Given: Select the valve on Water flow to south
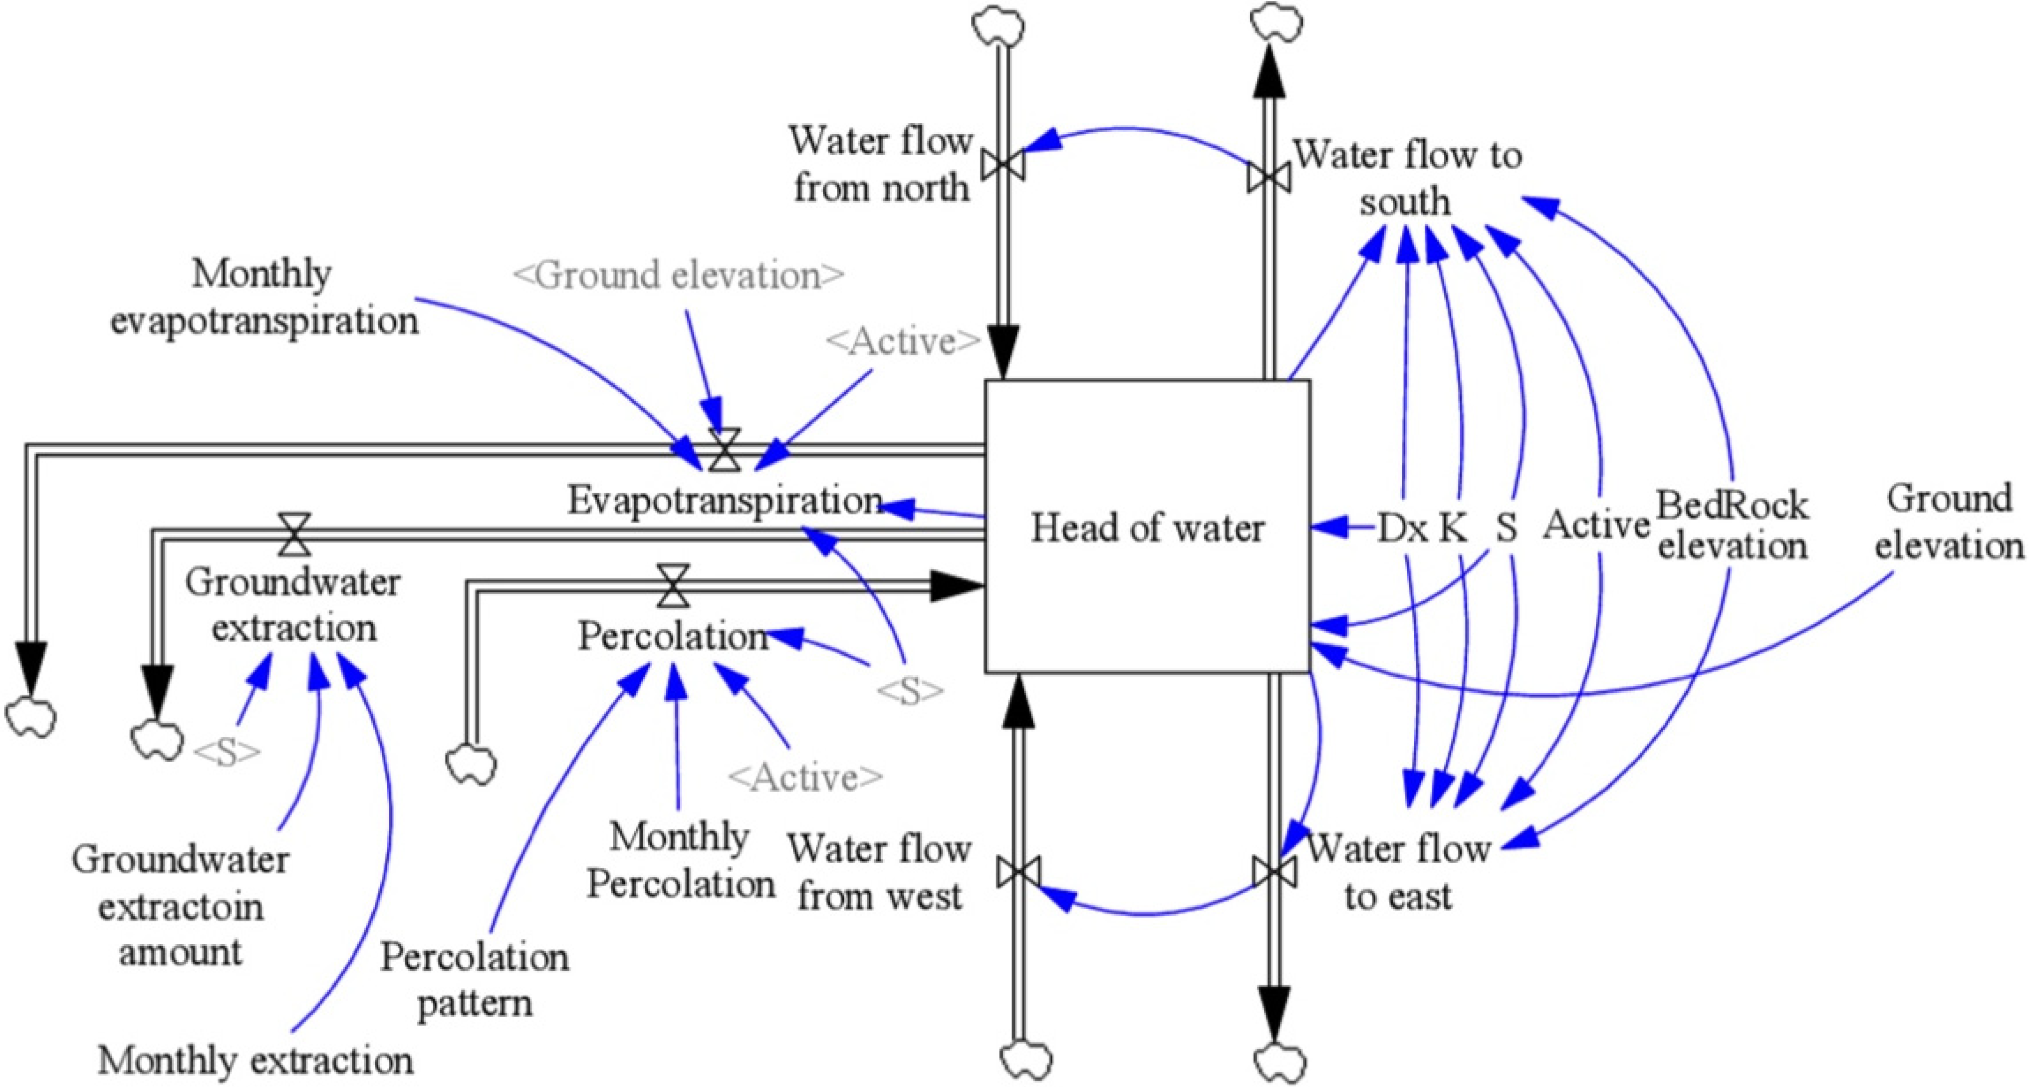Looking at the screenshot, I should coord(1268,177).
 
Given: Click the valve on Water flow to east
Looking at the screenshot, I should coord(1273,872).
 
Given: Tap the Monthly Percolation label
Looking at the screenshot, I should coord(681,860).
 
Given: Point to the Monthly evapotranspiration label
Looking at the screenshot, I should coord(264,298).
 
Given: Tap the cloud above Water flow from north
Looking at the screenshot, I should coord(999,27).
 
